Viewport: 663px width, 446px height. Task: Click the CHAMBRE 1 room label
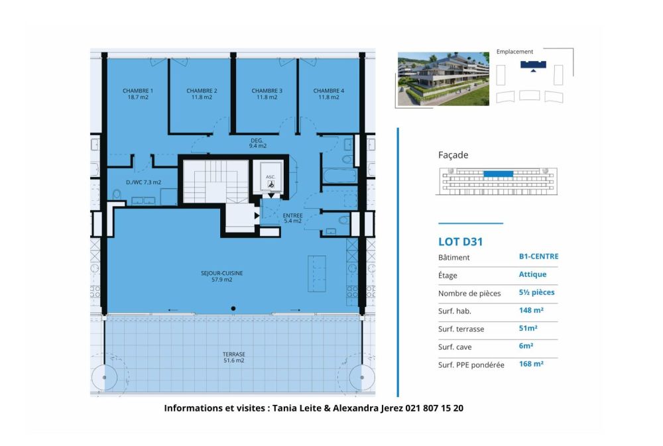click(x=138, y=93)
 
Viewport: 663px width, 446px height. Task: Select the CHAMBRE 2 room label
click(x=202, y=93)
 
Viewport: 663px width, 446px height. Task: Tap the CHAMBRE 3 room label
click(x=267, y=93)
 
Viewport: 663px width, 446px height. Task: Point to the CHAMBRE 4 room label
click(x=329, y=93)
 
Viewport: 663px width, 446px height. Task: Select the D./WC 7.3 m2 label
click(x=143, y=182)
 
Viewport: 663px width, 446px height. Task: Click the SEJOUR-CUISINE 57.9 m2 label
click(x=221, y=276)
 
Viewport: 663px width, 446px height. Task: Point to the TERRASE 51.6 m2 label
click(x=233, y=357)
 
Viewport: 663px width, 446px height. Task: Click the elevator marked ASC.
click(x=271, y=178)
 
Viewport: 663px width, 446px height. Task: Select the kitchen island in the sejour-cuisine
click(x=317, y=272)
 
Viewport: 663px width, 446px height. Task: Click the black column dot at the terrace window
click(x=233, y=308)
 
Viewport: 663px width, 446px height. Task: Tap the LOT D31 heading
click(x=460, y=242)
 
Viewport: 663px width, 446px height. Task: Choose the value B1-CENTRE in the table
click(x=538, y=256)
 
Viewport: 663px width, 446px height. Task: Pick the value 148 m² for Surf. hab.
click(x=531, y=310)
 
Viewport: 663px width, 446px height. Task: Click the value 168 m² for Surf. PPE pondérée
click(x=531, y=364)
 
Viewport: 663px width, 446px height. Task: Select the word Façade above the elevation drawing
click(x=453, y=155)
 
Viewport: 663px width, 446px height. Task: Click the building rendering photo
click(x=443, y=80)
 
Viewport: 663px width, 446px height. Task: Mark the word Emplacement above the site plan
click(x=514, y=52)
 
